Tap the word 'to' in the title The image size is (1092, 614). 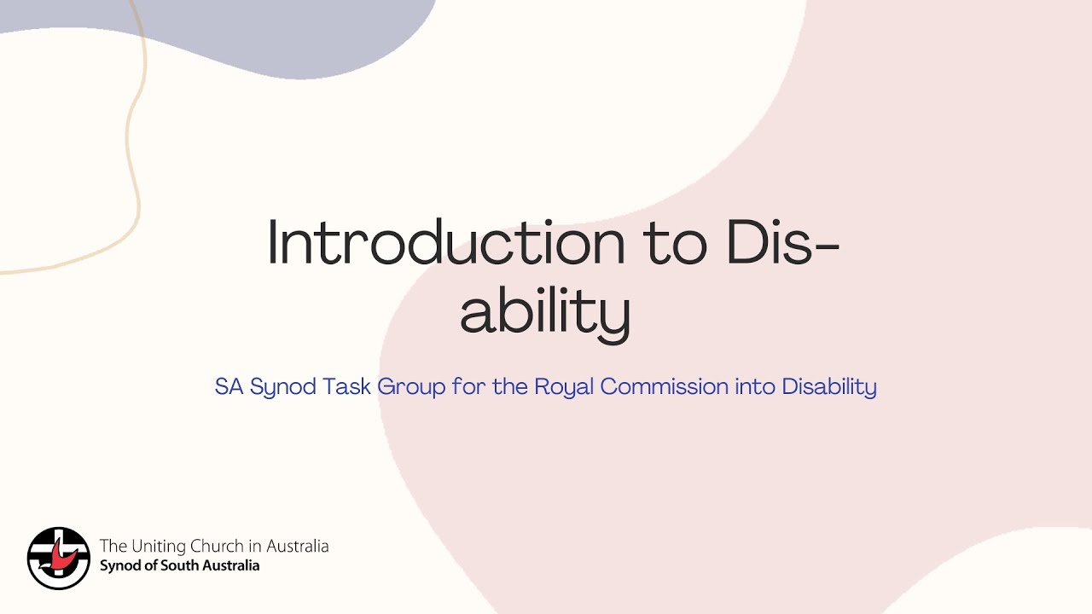(x=674, y=243)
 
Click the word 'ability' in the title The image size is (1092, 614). (x=545, y=314)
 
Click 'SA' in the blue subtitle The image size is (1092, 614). (x=229, y=387)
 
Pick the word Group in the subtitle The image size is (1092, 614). (x=412, y=387)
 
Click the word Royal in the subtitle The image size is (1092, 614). (x=564, y=387)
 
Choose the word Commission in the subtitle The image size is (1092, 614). (x=665, y=387)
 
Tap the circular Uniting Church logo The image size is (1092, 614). (x=59, y=558)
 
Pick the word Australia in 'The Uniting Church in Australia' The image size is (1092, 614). (x=297, y=547)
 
